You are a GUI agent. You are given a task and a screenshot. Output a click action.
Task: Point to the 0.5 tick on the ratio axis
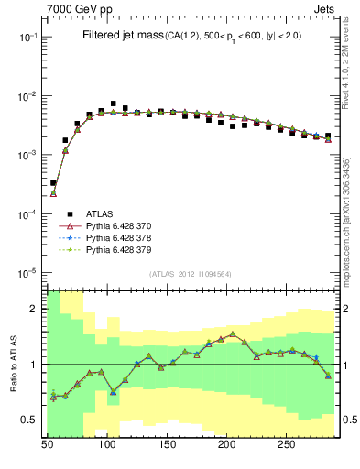pos(29,420)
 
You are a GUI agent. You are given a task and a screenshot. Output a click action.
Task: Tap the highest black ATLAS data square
pos(113,104)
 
